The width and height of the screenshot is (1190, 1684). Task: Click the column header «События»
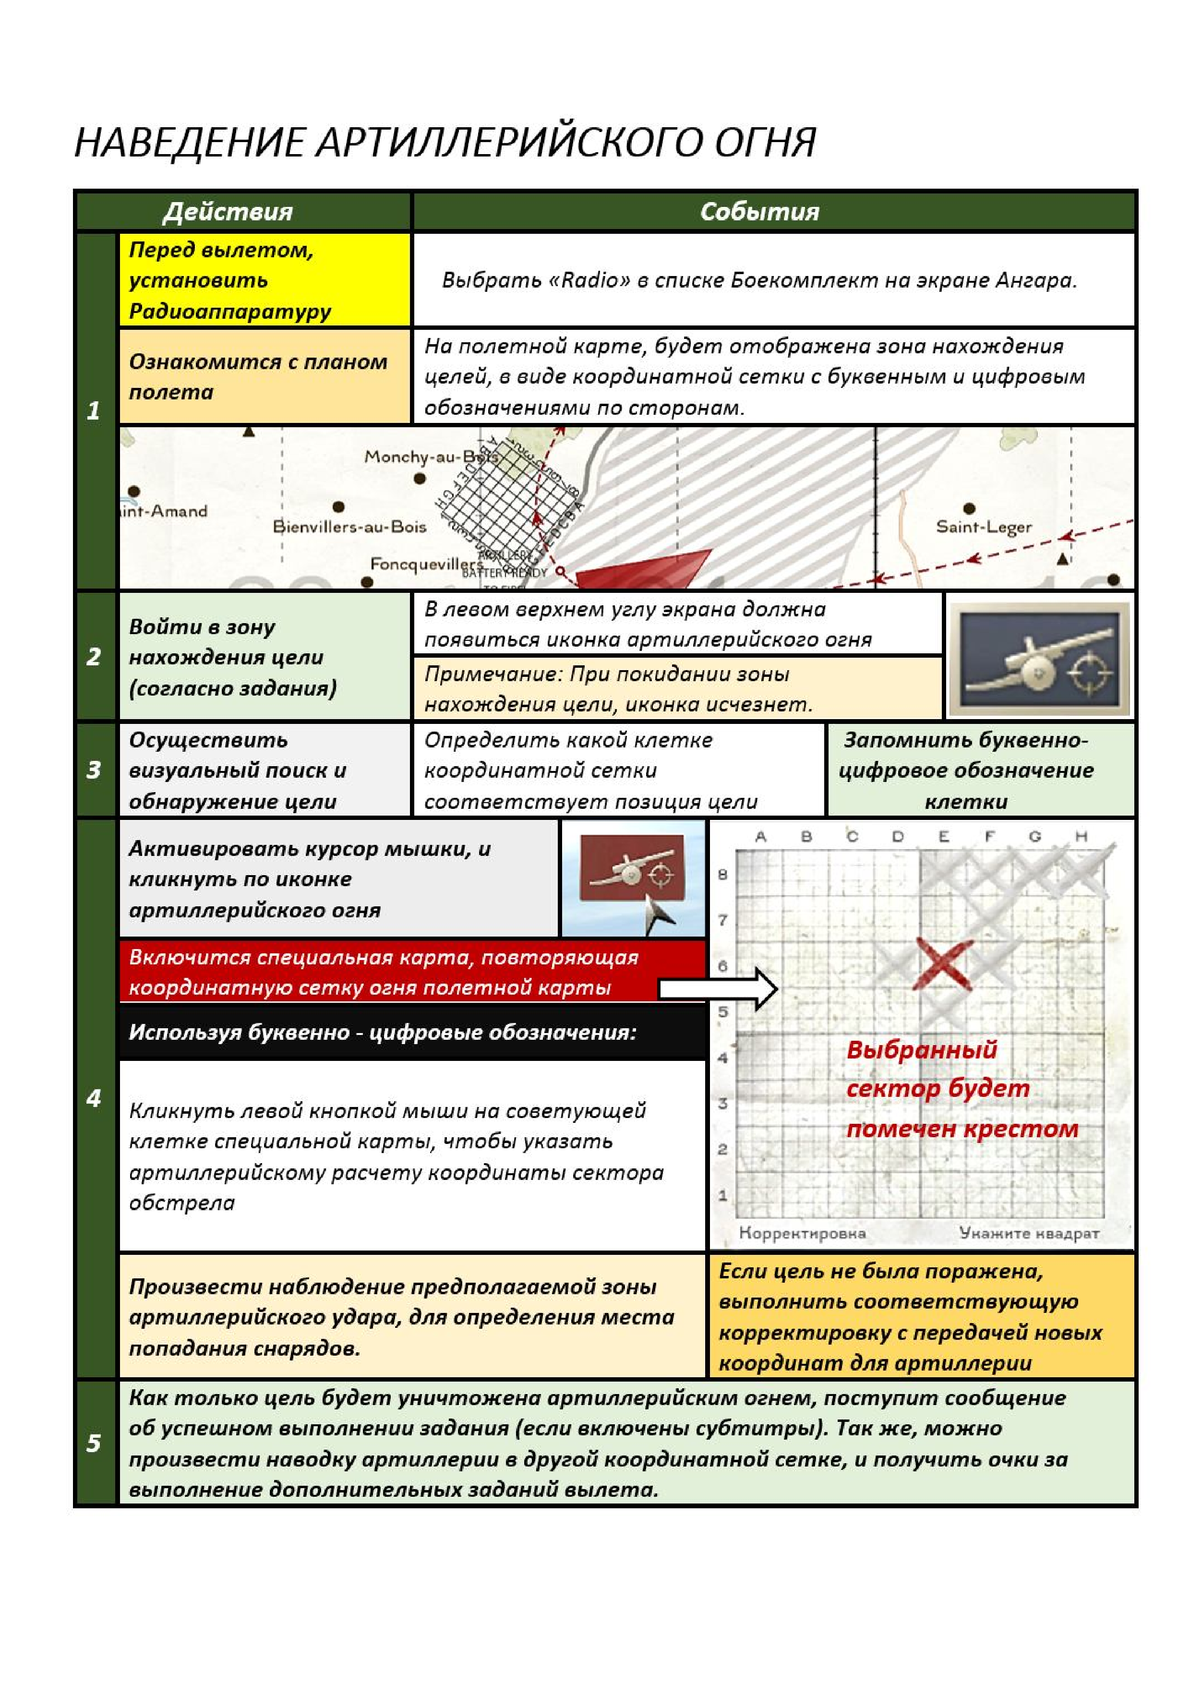(759, 212)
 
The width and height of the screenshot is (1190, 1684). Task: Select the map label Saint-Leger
(983, 527)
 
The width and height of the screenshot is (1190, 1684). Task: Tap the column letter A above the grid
(760, 837)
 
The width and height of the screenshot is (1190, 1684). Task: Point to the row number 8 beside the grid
(723, 874)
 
